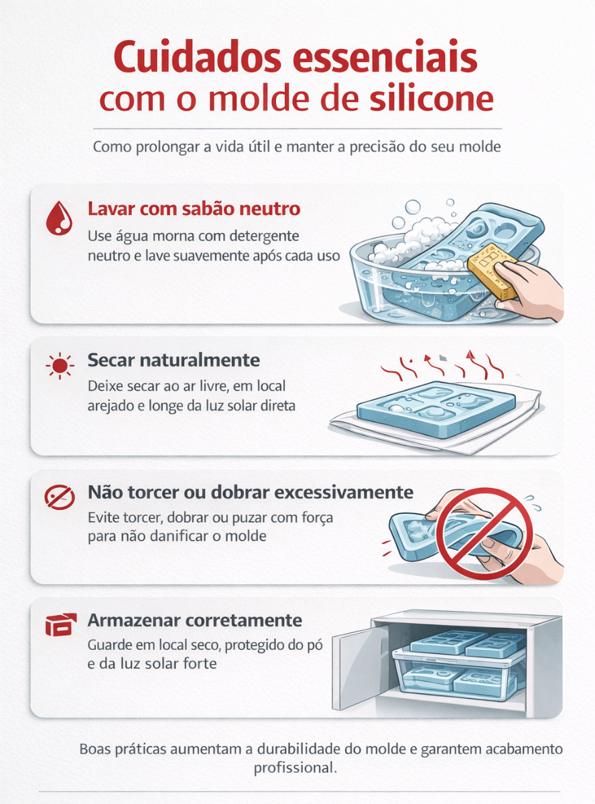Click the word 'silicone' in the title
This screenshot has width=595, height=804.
point(432,99)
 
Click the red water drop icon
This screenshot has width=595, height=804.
point(58,218)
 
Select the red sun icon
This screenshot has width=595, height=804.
point(60,365)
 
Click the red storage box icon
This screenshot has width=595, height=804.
point(59,626)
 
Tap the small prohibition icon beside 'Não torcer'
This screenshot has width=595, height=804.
point(59,497)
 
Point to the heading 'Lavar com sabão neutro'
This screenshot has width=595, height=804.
point(194,208)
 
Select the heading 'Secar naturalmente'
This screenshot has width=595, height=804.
point(174,360)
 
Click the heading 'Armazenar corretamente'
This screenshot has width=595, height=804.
point(195,619)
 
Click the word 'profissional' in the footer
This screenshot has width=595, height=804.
point(293,767)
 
